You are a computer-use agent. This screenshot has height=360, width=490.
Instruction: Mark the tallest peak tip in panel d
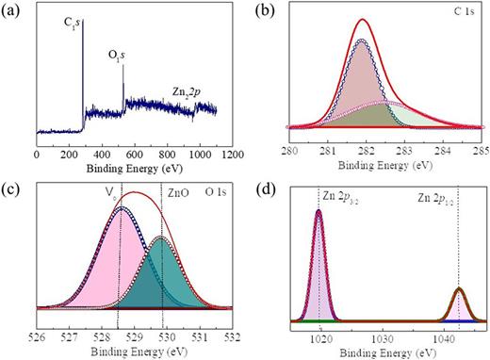point(318,210)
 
